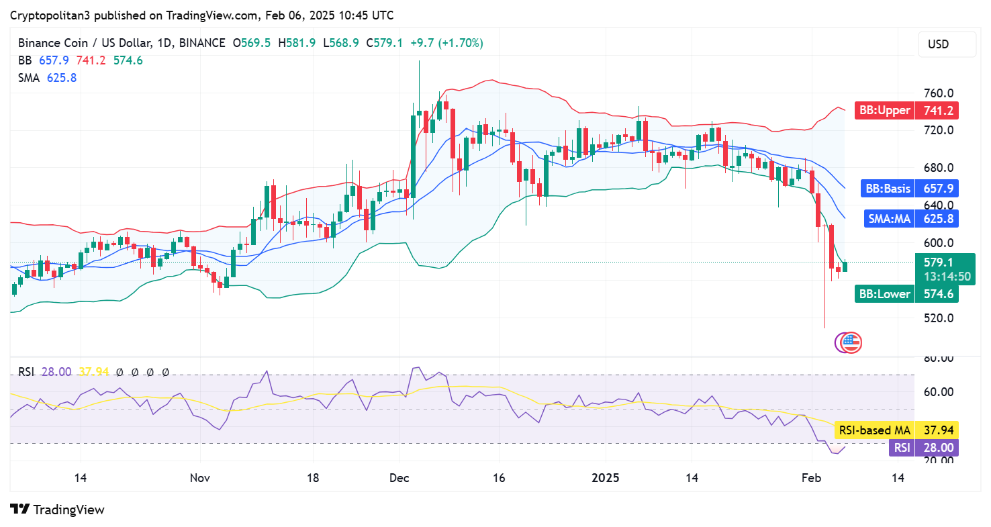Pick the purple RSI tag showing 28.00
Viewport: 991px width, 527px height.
pos(900,448)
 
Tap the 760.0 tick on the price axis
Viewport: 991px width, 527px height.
pos(938,93)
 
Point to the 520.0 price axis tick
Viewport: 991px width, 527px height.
pos(938,318)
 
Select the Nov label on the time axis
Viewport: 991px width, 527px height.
pos(200,478)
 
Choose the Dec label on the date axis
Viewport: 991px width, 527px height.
pos(399,478)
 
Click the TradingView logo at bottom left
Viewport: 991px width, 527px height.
pos(58,510)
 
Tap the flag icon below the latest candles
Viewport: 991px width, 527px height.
pos(851,342)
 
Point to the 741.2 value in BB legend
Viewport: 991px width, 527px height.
pos(91,60)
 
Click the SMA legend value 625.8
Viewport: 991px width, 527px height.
pos(62,78)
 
